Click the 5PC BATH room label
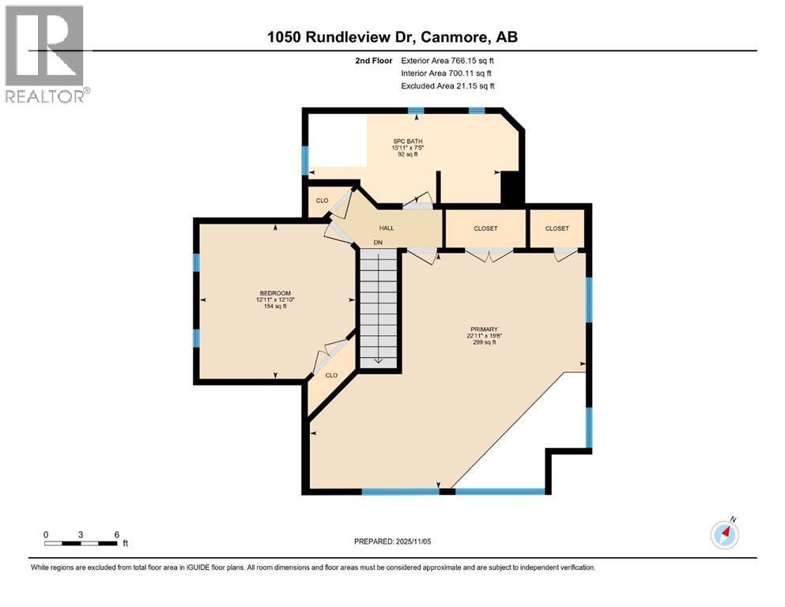[x=407, y=141]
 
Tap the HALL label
[x=386, y=228]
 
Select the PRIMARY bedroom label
[x=484, y=330]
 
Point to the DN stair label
[x=378, y=243]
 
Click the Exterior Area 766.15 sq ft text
[x=447, y=61]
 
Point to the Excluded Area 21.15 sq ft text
[x=447, y=85]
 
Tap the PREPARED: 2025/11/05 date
[x=392, y=541]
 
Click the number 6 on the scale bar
[x=117, y=534]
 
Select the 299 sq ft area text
[x=484, y=343]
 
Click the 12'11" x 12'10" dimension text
[x=275, y=300]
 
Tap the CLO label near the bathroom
[x=322, y=201]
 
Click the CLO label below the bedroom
[x=331, y=375]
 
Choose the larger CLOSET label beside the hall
[x=485, y=228]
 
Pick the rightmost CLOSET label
[x=557, y=228]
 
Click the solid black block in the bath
[x=511, y=187]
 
